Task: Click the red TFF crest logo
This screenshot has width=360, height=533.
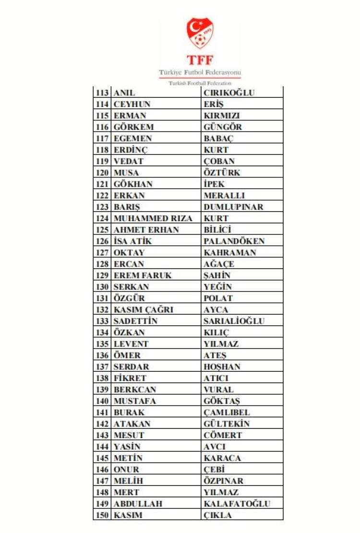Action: click(x=200, y=34)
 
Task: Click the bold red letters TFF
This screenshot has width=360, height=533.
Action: click(x=200, y=60)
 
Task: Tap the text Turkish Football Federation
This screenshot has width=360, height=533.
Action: click(x=200, y=83)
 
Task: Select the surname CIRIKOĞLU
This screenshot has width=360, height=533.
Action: click(x=229, y=93)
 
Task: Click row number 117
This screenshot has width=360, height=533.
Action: click(x=103, y=139)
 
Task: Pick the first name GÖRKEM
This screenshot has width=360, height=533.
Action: click(x=130, y=127)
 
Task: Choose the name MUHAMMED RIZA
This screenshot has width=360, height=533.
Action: click(x=153, y=218)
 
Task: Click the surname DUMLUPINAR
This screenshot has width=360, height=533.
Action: click(x=233, y=207)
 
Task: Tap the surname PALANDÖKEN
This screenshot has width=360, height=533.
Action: click(x=234, y=241)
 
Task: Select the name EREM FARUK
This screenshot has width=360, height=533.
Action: click(x=143, y=275)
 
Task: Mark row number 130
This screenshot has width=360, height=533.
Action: click(x=103, y=287)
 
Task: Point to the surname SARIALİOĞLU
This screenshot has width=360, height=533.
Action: click(x=234, y=321)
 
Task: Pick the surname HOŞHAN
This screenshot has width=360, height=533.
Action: click(x=222, y=367)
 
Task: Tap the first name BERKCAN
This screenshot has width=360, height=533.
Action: click(x=135, y=390)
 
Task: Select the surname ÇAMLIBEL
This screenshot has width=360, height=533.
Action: click(x=227, y=413)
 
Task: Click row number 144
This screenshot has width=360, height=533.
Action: click(x=103, y=447)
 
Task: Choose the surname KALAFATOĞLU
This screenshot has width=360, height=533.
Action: click(x=237, y=504)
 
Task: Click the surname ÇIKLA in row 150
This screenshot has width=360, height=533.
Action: click(x=217, y=515)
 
